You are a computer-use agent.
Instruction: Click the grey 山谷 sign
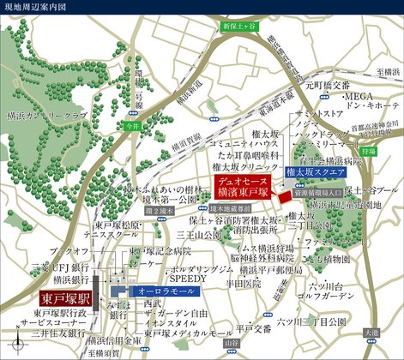(228, 342)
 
